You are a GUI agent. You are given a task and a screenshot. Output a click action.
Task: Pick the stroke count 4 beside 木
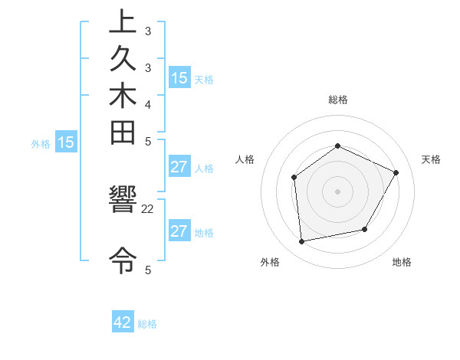pos(148,103)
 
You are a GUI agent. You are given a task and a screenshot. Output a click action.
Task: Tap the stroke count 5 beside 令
pos(148,269)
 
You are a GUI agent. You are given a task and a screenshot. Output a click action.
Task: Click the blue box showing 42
pos(123,322)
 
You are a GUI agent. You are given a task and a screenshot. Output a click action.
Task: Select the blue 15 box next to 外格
pos(66,142)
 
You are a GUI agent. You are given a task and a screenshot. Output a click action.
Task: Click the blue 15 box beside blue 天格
pos(179,77)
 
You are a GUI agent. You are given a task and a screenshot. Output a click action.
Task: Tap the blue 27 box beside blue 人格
pos(179,167)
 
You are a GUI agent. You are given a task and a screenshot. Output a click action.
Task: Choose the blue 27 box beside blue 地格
pos(179,231)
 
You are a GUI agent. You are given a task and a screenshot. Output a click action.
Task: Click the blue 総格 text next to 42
pos(147,324)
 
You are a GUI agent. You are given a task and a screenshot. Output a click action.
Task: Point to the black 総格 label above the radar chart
pos(337,100)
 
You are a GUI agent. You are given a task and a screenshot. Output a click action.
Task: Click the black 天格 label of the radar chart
pos(431,159)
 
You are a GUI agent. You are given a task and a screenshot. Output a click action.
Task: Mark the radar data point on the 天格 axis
pos(396,172)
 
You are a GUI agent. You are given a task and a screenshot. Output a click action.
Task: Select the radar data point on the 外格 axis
pos(302,242)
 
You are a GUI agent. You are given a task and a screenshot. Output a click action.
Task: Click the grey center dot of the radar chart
pos(337,191)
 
